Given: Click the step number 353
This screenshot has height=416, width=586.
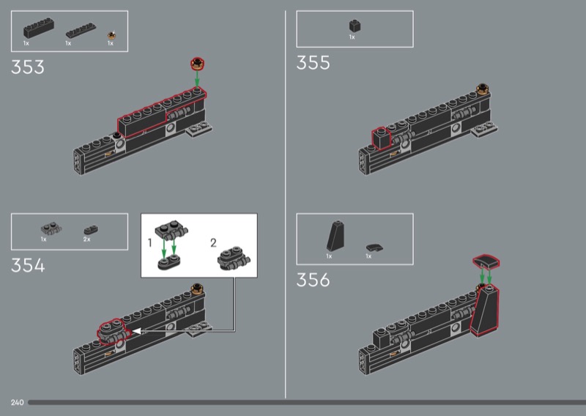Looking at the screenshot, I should pyautogui.click(x=27, y=67).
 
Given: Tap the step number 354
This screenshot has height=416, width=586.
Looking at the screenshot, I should pyautogui.click(x=28, y=265).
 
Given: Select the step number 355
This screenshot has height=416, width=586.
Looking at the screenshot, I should pyautogui.click(x=313, y=63).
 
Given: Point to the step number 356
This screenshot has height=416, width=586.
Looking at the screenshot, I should pyautogui.click(x=313, y=280).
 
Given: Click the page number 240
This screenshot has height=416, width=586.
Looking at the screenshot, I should pyautogui.click(x=18, y=403).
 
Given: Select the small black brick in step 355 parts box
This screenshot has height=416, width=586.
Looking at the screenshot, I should pyautogui.click(x=353, y=26).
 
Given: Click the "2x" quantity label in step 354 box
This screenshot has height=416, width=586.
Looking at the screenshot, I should pyautogui.click(x=86, y=239).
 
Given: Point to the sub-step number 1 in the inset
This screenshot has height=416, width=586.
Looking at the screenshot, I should pyautogui.click(x=149, y=242).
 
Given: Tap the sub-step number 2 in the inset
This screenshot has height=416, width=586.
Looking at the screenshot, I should pyautogui.click(x=214, y=242).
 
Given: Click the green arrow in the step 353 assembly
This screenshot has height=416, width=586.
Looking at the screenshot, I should pyautogui.click(x=197, y=77).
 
